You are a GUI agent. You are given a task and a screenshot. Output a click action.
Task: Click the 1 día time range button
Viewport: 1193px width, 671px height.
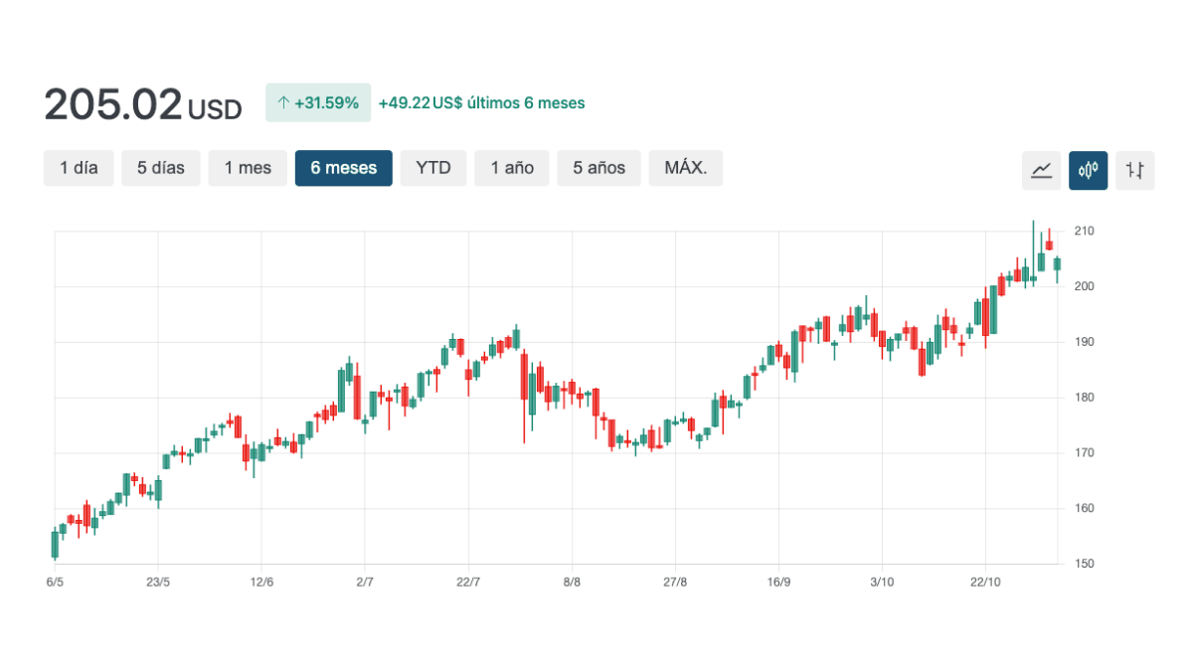(x=79, y=168)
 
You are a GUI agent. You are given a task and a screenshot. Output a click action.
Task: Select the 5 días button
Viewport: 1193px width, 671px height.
(x=161, y=168)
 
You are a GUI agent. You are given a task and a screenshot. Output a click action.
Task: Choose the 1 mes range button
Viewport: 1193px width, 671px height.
(x=248, y=168)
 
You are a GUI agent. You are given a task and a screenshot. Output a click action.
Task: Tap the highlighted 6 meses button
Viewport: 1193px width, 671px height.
(x=343, y=168)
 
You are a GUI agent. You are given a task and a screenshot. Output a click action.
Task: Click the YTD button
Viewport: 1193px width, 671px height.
(x=433, y=168)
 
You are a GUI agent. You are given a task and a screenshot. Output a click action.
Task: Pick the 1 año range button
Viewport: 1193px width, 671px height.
(x=512, y=168)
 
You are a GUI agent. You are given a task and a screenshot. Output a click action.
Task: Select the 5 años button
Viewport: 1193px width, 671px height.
(x=598, y=168)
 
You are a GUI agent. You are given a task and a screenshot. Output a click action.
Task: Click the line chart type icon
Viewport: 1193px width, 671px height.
(x=1041, y=170)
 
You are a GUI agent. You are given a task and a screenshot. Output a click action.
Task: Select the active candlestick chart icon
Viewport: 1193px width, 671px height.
(x=1088, y=170)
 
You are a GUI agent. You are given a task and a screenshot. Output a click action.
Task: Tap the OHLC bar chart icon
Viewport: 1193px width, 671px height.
(x=1134, y=170)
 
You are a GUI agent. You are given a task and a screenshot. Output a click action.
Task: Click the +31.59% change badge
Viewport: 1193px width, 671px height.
(x=318, y=102)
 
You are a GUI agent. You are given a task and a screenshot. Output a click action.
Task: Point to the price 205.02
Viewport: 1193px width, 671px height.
(x=113, y=104)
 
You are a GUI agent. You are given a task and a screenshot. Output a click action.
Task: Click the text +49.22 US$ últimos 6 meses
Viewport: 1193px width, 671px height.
(x=481, y=102)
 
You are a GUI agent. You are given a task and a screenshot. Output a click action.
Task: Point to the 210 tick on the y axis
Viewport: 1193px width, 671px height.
(x=1084, y=231)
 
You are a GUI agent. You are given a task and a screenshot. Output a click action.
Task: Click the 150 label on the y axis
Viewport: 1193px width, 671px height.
(x=1084, y=564)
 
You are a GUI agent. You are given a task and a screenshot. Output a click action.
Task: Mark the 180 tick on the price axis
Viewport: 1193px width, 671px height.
(x=1084, y=398)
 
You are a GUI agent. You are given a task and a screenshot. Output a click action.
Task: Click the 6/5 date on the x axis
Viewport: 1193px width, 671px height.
(x=55, y=582)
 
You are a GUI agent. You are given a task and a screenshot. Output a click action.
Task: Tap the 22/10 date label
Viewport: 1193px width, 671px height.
(x=985, y=582)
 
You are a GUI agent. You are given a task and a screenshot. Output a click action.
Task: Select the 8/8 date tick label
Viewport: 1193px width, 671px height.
(x=572, y=582)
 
